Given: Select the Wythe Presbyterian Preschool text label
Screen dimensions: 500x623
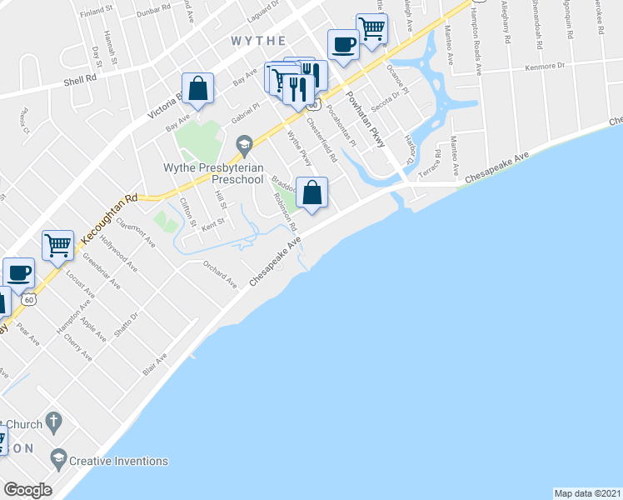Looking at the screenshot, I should click(213, 173).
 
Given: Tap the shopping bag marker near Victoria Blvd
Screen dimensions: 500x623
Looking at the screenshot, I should click(198, 87).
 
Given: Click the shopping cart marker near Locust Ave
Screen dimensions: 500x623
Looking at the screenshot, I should click(57, 245).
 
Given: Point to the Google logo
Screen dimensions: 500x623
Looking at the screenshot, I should click(27, 490).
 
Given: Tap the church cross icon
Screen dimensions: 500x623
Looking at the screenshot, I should click(54, 422).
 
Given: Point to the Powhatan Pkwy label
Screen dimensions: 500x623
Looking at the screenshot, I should click(367, 120).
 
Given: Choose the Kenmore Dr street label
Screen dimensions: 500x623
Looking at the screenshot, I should click(544, 66).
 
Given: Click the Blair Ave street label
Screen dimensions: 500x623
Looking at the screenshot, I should click(155, 363).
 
